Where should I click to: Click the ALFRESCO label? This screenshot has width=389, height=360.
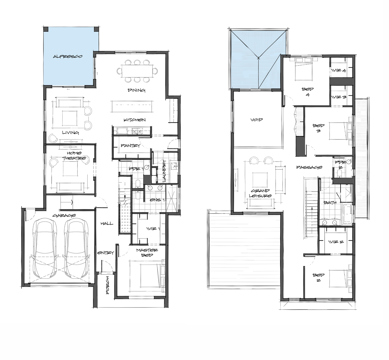68,57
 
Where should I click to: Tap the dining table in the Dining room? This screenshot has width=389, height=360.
137,71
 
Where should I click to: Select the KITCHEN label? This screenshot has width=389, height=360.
135,120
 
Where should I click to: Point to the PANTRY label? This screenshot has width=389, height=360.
131,145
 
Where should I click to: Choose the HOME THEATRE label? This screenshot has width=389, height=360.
74,156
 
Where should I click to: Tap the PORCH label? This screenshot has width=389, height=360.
107,285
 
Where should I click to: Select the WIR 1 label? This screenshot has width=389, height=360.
153,229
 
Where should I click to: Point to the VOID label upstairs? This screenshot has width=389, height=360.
257,120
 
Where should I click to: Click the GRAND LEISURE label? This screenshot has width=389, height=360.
260,193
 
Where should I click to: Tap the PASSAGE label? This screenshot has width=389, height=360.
309,167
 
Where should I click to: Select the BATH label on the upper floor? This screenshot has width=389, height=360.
330,203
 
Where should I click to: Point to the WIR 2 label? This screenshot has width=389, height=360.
336,242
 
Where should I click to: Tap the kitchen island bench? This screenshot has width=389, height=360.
132,107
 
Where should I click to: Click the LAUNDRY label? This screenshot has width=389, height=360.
164,170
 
